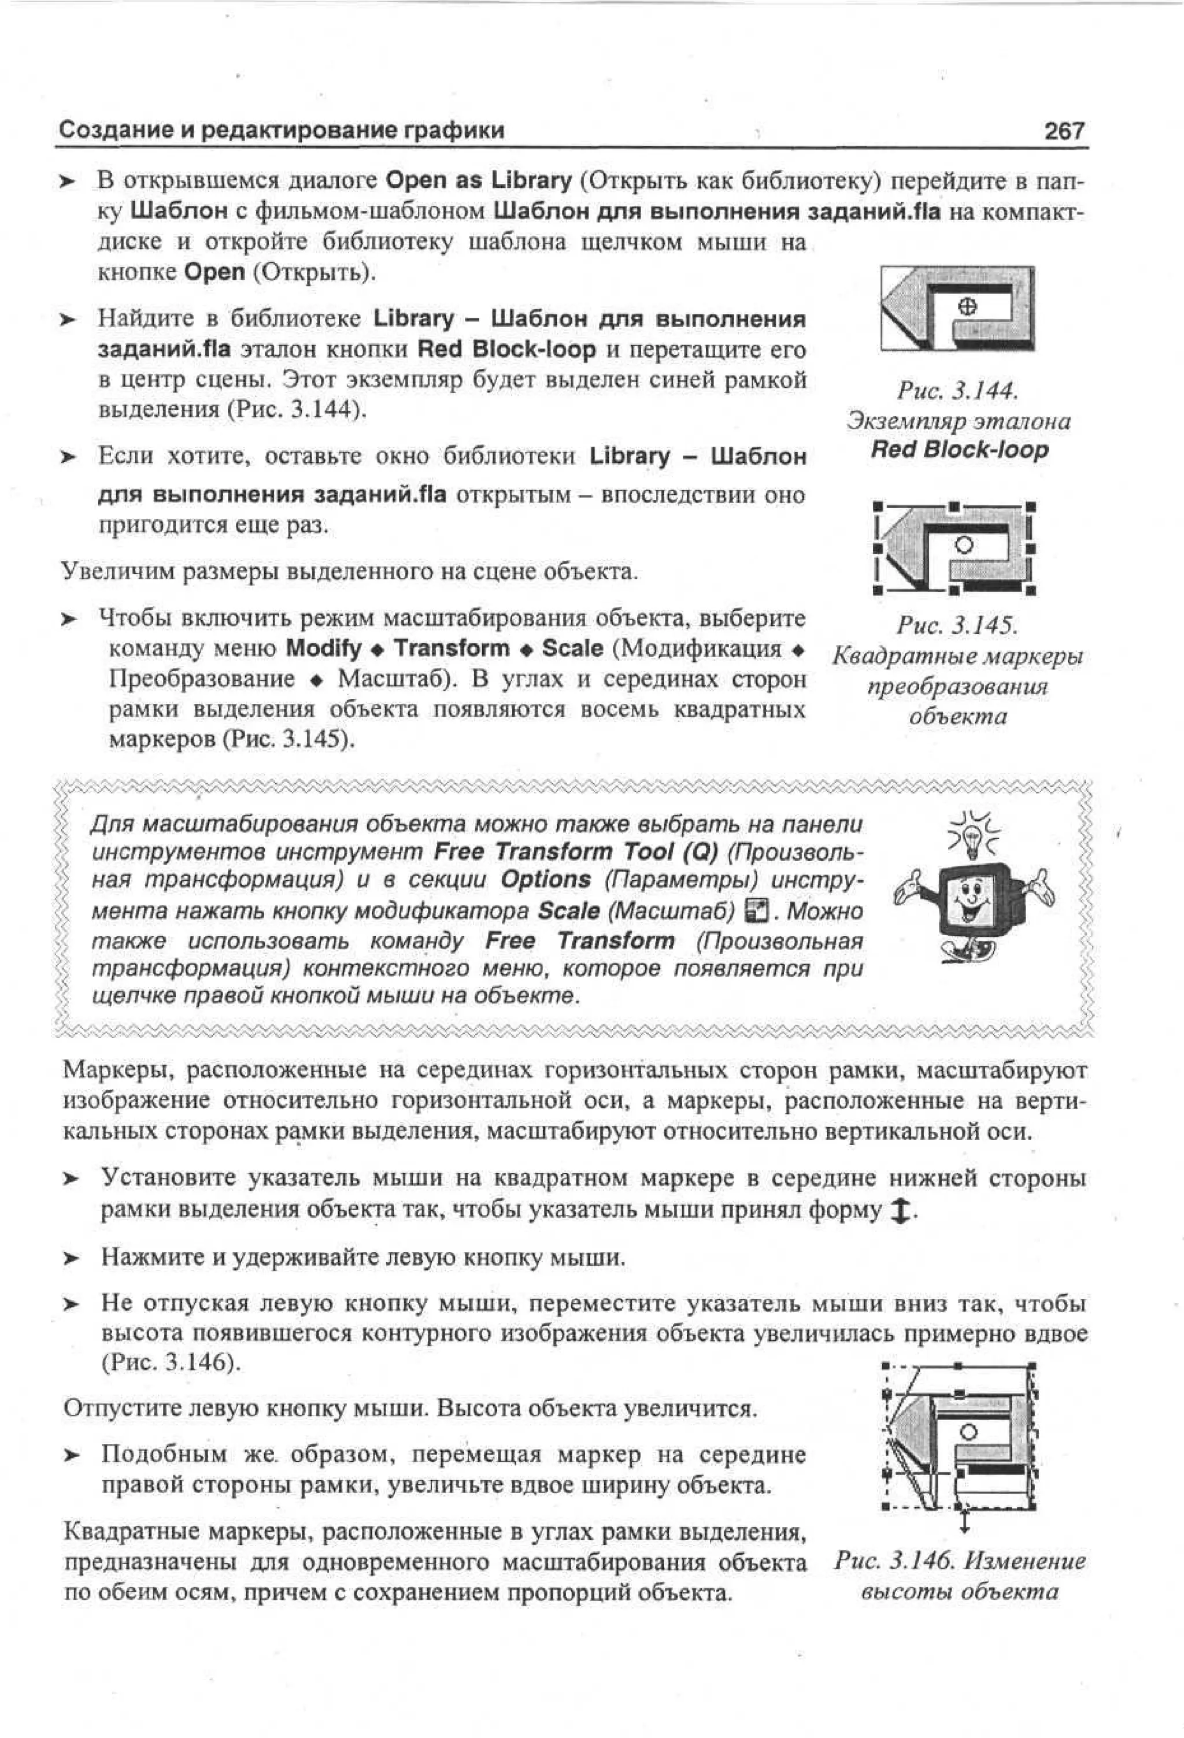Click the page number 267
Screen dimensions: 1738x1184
pos(1064,131)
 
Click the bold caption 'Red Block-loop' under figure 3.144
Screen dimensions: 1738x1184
pos(959,450)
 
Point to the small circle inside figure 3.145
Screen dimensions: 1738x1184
pos(965,545)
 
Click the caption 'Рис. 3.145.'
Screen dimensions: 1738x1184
pos(957,624)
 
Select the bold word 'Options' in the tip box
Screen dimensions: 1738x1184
pos(546,880)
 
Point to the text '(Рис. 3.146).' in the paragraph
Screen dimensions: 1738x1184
pos(171,1362)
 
